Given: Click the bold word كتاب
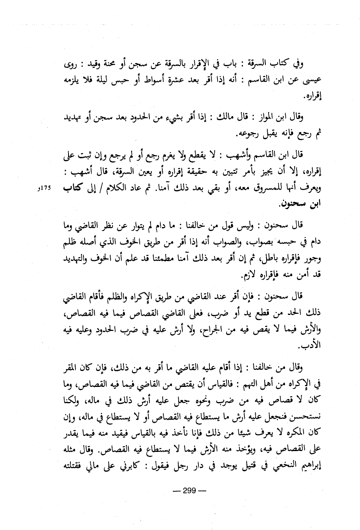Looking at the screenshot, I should [74, 187].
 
